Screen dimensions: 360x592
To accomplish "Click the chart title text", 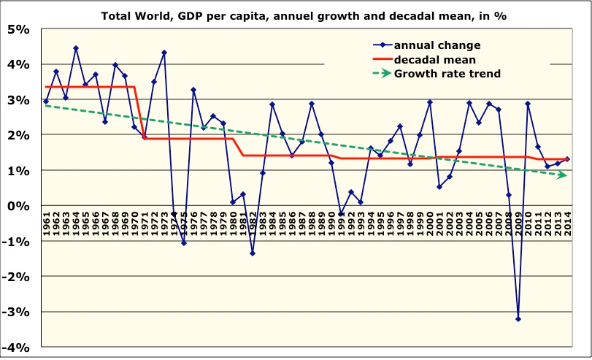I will coord(303,15).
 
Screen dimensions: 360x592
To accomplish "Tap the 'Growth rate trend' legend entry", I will coord(447,73).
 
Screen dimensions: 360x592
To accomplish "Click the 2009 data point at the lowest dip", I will coord(518,319).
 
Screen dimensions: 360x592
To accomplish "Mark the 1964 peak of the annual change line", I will coord(76,48).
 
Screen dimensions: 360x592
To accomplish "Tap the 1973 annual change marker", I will coord(164,53).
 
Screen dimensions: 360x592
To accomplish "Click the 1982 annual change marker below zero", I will coord(253,253).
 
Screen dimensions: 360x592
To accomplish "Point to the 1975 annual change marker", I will coord(184,243).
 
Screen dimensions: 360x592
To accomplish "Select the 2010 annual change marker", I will coord(528,104).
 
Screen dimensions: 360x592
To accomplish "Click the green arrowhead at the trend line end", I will coord(562,175).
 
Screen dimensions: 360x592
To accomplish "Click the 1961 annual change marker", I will coord(47,102).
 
